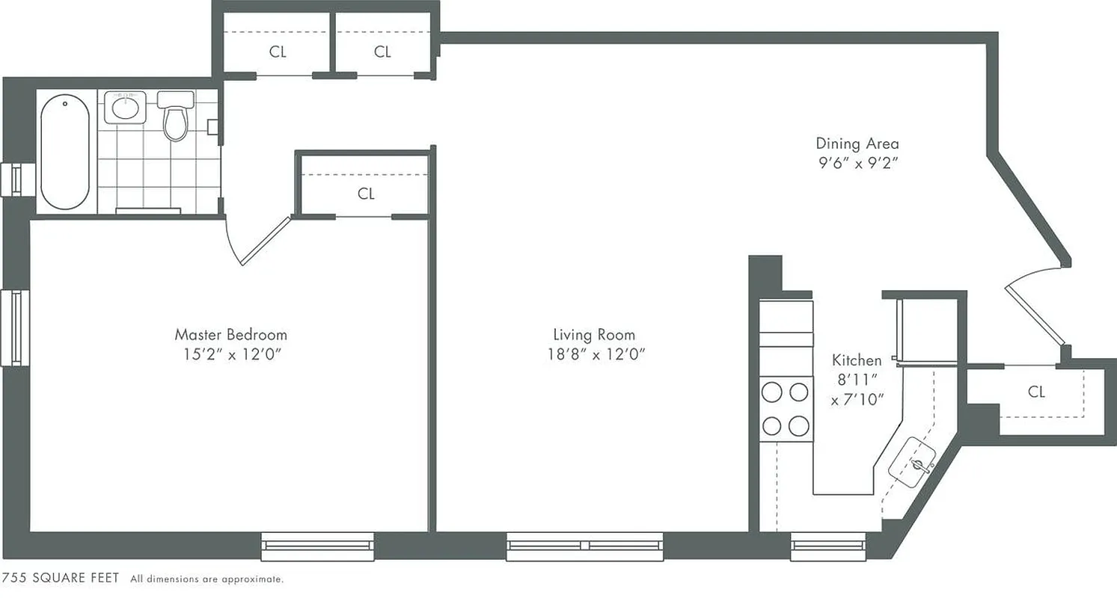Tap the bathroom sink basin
[x=124, y=108]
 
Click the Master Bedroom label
[x=230, y=334]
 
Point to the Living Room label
[x=594, y=334]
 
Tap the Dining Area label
[x=857, y=144]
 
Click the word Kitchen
[x=857, y=360]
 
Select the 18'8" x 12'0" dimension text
[x=596, y=354]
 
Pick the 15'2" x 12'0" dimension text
[x=231, y=355]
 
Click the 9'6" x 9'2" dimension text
[x=857, y=163]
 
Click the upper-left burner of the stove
[x=771, y=392]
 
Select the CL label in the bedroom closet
[x=366, y=194]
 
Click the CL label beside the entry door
[x=1036, y=392]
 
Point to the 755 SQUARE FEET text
[x=61, y=579]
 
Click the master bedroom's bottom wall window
[x=317, y=546]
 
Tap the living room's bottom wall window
[x=585, y=546]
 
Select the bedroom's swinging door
[x=264, y=241]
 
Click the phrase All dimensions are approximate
[x=207, y=579]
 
